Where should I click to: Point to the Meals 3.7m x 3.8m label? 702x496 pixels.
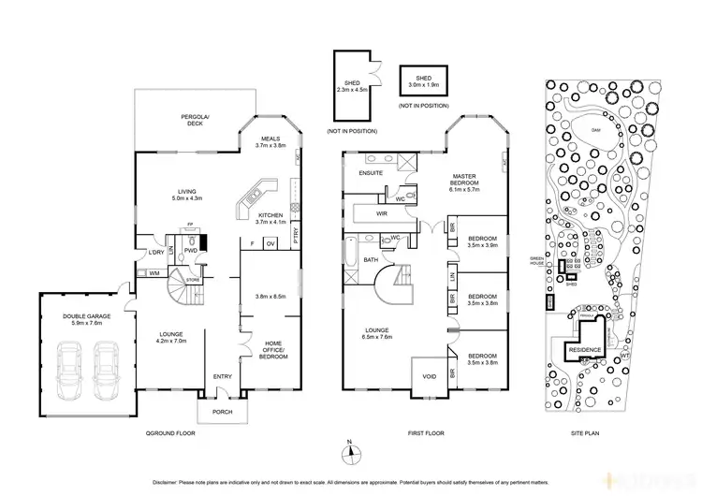(270, 141)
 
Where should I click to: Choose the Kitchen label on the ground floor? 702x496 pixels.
(270, 216)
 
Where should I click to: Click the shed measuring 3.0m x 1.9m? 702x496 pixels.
(422, 81)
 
